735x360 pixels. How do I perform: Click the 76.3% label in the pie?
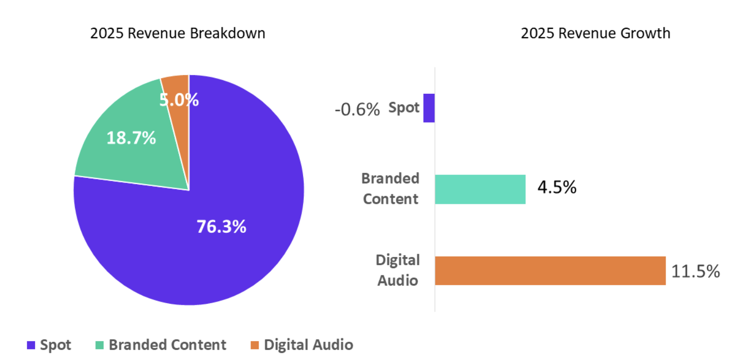pyautogui.click(x=221, y=227)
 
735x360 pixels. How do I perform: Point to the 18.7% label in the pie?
pyautogui.click(x=131, y=137)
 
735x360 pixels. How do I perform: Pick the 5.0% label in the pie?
pyautogui.click(x=179, y=100)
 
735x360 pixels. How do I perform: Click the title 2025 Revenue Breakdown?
pyautogui.click(x=177, y=33)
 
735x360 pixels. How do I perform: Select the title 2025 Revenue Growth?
pyautogui.click(x=595, y=33)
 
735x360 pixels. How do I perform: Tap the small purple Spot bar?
pyautogui.click(x=429, y=108)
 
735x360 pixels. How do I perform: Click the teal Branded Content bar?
pyautogui.click(x=480, y=189)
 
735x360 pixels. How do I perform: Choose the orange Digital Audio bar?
pyautogui.click(x=550, y=271)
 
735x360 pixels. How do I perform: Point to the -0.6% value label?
pyautogui.click(x=357, y=110)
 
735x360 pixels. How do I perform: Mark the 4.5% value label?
pyautogui.click(x=557, y=187)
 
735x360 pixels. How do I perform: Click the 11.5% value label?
pyautogui.click(x=695, y=271)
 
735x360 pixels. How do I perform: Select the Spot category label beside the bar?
pyautogui.click(x=404, y=107)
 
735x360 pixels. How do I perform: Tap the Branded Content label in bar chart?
pyautogui.click(x=391, y=189)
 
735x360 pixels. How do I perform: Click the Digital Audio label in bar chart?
pyautogui.click(x=398, y=270)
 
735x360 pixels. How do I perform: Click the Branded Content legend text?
pyautogui.click(x=167, y=345)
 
